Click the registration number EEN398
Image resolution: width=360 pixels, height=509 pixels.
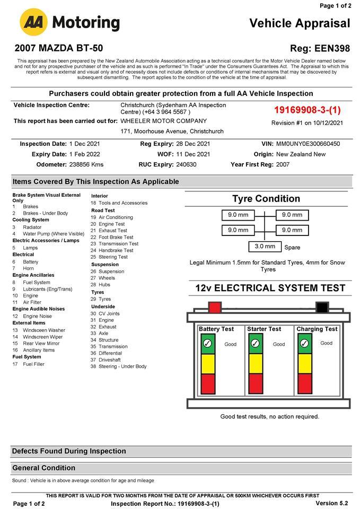pos(332,48)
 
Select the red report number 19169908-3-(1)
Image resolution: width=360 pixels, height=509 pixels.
pos(307,110)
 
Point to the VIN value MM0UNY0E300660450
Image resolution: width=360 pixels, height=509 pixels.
pos(308,144)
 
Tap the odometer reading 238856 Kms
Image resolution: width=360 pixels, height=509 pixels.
pos(86,164)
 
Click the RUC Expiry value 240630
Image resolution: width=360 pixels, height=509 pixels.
pos(186,164)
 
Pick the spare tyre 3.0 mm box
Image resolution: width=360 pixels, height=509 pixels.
pos(265,247)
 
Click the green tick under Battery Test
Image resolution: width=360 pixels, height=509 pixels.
pos(207,344)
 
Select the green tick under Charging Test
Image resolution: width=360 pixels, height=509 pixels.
pos(304,344)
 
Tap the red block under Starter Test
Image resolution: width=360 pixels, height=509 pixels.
pos(256,383)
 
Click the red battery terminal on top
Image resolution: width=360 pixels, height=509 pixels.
pos(215,307)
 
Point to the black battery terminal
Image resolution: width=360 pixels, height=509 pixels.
pos(322,307)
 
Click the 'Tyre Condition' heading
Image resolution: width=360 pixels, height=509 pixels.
pos(266,199)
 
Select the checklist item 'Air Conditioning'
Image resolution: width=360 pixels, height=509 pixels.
pos(116,217)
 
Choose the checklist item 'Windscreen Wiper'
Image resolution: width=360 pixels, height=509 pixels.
pos(42,337)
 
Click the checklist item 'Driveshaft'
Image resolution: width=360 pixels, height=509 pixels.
pos(110,359)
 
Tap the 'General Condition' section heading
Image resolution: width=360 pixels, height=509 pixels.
pos(44,468)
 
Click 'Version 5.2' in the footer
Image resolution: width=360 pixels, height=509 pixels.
pos(331,503)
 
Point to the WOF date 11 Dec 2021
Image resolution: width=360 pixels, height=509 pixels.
pos(193,154)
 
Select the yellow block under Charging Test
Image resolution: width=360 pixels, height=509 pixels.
pos(304,363)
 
